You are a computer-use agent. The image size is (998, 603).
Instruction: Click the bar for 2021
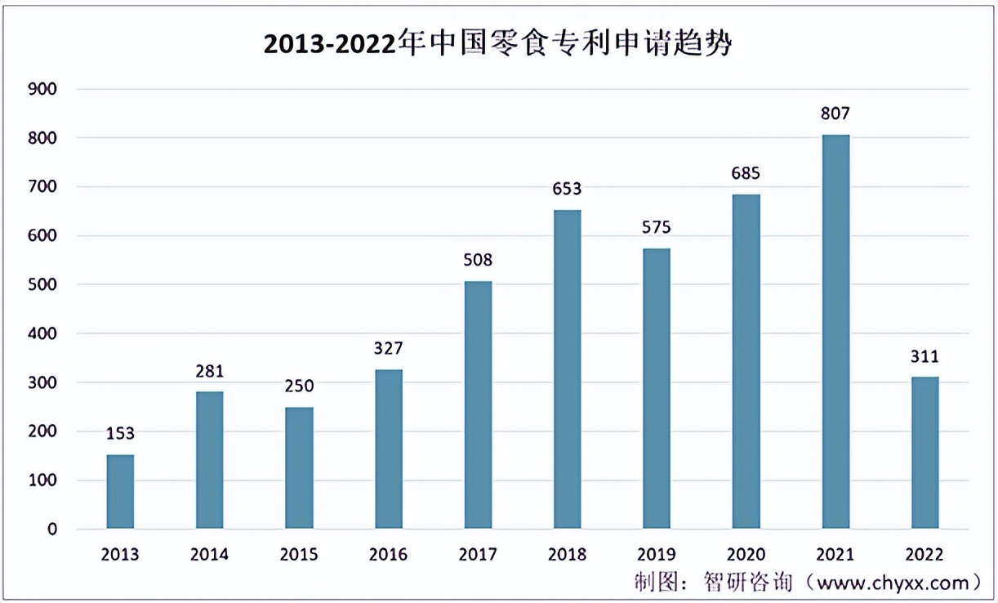coord(835,332)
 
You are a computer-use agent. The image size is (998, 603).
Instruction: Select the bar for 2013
coord(120,492)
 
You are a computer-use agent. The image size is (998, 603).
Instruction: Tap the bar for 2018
coord(568,369)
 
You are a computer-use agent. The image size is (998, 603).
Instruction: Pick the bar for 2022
coord(925,453)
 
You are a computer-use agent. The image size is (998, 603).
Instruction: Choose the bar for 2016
coord(389,449)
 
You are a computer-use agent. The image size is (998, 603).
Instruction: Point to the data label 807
coord(835,114)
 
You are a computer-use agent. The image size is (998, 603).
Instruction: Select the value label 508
coord(478,261)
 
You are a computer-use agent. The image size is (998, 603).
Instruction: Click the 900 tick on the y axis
coord(42,89)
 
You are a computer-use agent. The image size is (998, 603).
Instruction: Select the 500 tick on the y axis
coord(42,285)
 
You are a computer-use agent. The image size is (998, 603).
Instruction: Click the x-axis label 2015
coord(299,556)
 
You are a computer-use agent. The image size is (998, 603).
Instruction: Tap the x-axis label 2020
coord(746,556)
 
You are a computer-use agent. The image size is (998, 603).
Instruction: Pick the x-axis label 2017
coord(478,556)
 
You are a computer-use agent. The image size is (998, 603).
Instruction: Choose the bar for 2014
coord(210,460)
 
